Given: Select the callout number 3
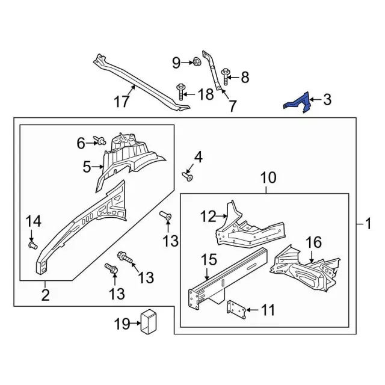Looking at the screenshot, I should click(x=327, y=100).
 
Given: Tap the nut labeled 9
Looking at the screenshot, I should click(x=196, y=62).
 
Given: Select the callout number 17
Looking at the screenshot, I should click(x=122, y=102).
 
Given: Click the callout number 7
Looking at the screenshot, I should click(x=232, y=106).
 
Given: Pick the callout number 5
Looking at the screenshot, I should click(x=87, y=165).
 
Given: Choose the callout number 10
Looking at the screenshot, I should click(x=268, y=178).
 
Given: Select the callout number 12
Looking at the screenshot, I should click(x=208, y=216).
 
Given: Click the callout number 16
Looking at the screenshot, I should click(x=313, y=242).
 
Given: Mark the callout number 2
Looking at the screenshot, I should click(x=45, y=295).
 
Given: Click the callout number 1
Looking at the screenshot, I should click(x=368, y=224).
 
